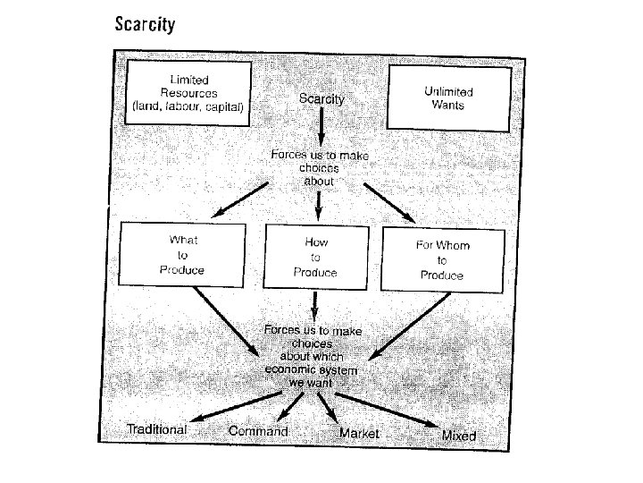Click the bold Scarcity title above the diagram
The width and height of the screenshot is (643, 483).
point(145,24)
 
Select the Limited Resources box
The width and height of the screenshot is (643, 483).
point(188,93)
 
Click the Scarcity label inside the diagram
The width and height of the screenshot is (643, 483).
point(321,99)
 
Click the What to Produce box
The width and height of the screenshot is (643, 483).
point(182,254)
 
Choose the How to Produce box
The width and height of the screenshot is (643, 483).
point(316,256)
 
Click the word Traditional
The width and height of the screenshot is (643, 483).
point(157,429)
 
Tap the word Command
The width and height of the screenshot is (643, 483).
point(258,431)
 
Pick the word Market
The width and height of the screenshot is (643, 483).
point(359,433)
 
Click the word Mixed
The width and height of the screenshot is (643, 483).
point(459,436)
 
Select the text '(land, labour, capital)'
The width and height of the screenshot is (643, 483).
point(188,106)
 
